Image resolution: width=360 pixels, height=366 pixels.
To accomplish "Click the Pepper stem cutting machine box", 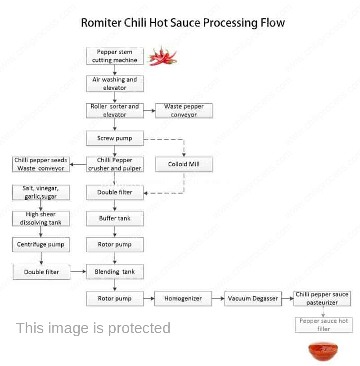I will pyautogui.click(x=115, y=56).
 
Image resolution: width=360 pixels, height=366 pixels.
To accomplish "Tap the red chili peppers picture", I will pyautogui.click(x=162, y=56).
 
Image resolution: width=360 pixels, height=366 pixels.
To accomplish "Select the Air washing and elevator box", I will pyautogui.click(x=115, y=84).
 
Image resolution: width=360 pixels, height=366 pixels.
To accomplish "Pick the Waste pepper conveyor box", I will pyautogui.click(x=184, y=111).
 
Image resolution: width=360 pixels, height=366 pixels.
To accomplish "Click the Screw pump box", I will pyautogui.click(x=115, y=138).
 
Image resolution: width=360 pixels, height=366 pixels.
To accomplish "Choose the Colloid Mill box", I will pyautogui.click(x=184, y=164).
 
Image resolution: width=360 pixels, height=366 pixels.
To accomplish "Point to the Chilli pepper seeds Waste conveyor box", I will pyautogui.click(x=41, y=164).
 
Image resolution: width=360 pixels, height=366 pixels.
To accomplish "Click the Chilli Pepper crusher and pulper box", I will pyautogui.click(x=115, y=164).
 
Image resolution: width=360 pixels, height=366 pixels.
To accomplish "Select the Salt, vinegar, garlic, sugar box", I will pyautogui.click(x=41, y=192).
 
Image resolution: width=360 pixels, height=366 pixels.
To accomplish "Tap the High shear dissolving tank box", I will pyautogui.click(x=41, y=218).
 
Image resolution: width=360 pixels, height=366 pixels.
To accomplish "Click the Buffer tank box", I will pyautogui.click(x=115, y=218).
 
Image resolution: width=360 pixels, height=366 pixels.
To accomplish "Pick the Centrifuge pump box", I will pyautogui.click(x=41, y=244).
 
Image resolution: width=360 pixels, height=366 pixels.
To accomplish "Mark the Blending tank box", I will pyautogui.click(x=115, y=271).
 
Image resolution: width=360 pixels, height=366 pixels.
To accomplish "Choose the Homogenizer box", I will pyautogui.click(x=183, y=298).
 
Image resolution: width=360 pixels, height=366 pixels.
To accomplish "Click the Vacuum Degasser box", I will pyautogui.click(x=253, y=298).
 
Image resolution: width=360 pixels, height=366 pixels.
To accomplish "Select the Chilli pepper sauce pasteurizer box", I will pyautogui.click(x=322, y=298).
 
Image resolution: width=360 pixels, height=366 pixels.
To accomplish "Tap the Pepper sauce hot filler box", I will pyautogui.click(x=324, y=325).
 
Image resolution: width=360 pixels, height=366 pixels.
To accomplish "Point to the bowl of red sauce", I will pyautogui.click(x=323, y=351).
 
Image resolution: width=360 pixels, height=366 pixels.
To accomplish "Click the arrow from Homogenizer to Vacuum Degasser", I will pyautogui.click(x=218, y=298).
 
